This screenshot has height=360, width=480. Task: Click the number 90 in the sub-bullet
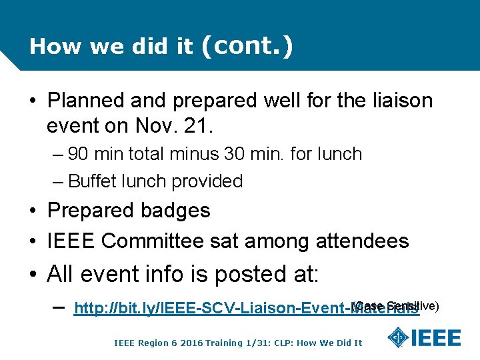click(x=78, y=154)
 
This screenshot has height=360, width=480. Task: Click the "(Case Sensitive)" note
click(x=395, y=305)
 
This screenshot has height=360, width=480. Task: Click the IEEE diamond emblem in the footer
click(x=398, y=337)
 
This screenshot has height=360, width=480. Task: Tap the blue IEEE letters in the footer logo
click(x=437, y=337)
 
